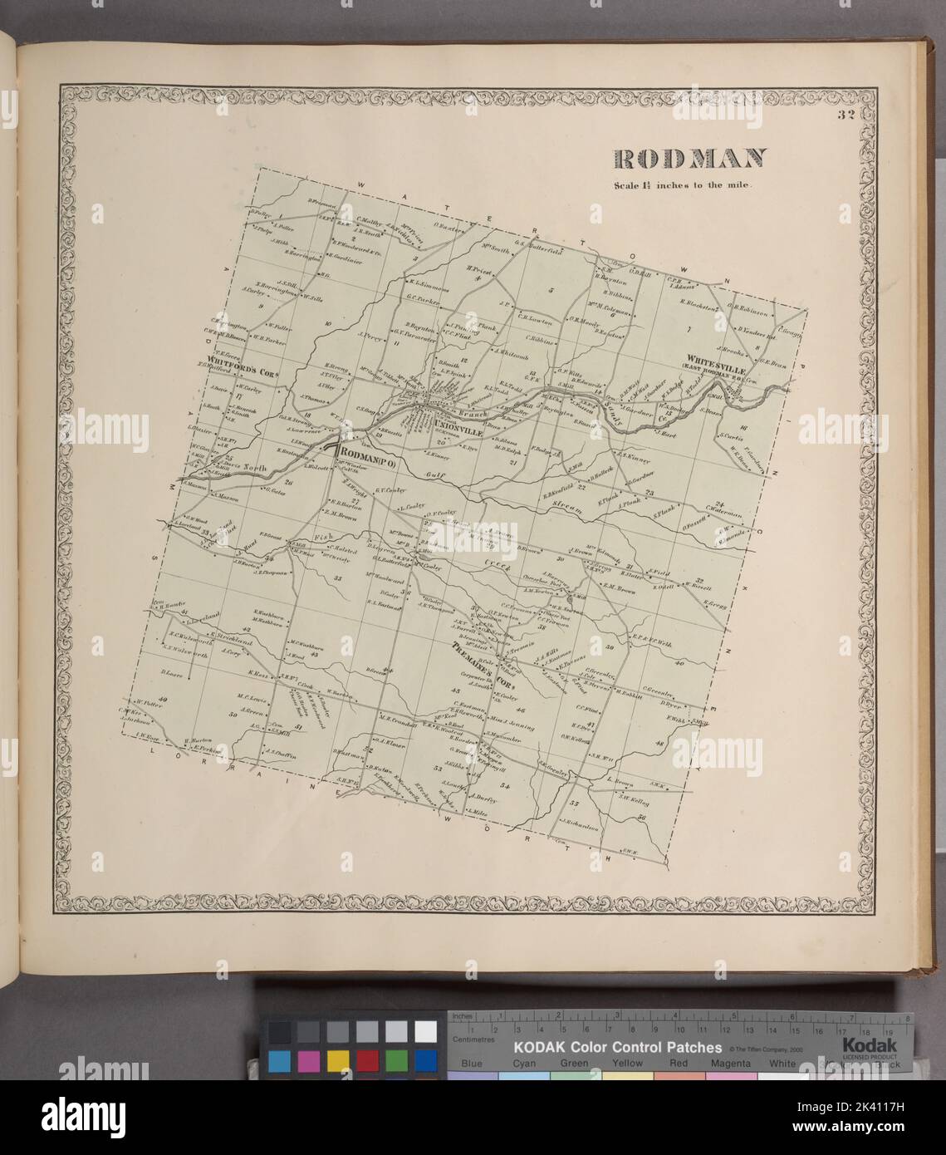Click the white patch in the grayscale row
[x=425, y=1031]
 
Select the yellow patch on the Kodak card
[x=337, y=1061]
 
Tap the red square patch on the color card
[x=366, y=1061]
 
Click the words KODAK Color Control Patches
[x=615, y=1047]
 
